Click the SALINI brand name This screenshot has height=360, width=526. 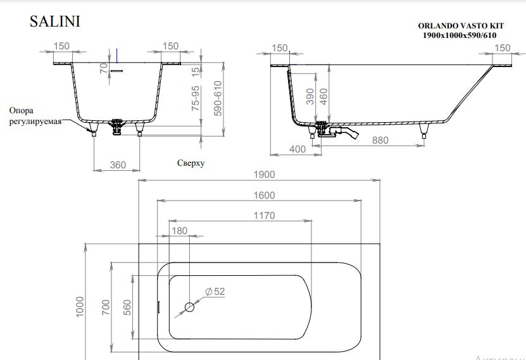[55, 22]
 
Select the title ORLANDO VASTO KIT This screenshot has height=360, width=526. [461, 26]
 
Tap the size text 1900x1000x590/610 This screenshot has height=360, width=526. [460, 35]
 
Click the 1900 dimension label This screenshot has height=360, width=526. [264, 175]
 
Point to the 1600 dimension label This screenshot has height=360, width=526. [264, 195]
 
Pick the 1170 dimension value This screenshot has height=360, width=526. [264, 216]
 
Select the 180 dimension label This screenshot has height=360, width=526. [180, 230]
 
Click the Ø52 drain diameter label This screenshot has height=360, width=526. [215, 292]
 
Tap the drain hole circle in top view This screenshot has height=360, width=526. [189, 307]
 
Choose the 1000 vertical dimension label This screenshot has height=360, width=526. [80, 306]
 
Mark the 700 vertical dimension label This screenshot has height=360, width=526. [106, 307]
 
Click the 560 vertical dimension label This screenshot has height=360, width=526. [127, 307]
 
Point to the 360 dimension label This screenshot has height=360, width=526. [118, 165]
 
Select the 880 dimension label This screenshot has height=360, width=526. [380, 140]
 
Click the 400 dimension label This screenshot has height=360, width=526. [297, 149]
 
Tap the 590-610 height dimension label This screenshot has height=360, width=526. [218, 98]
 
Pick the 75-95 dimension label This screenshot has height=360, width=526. [195, 98]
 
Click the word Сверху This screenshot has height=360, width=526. [191, 163]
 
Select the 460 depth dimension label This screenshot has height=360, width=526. [323, 97]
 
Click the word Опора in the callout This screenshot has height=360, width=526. [21, 111]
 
